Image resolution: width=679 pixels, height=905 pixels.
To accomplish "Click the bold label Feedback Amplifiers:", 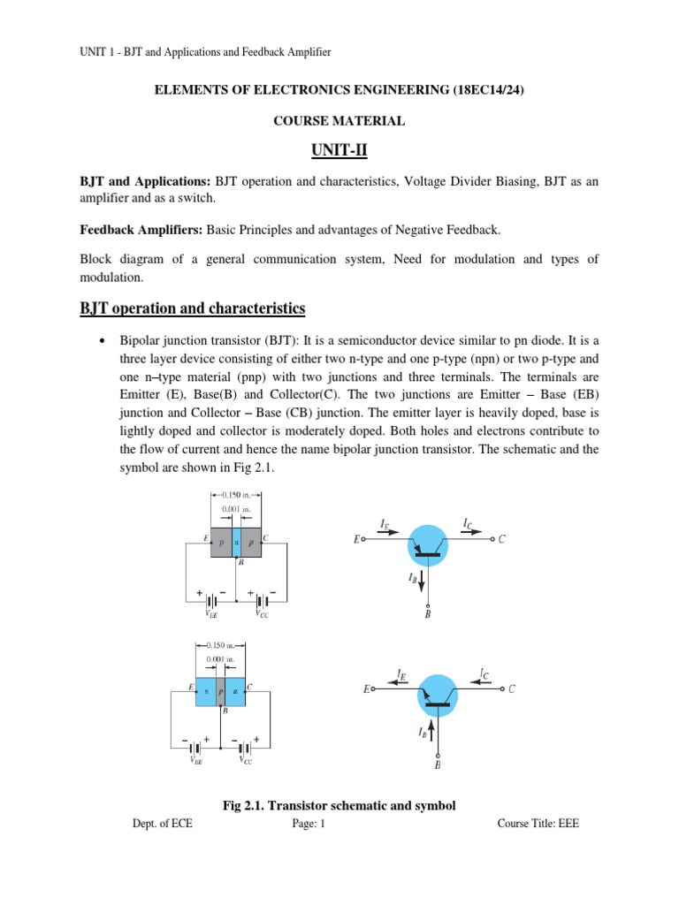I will (x=141, y=231).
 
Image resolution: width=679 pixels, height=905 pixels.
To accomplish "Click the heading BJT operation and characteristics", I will (x=193, y=308).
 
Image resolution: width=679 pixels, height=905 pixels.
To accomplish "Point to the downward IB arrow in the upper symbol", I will (x=423, y=581).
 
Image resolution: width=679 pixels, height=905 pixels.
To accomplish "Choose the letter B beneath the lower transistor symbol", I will (x=438, y=765).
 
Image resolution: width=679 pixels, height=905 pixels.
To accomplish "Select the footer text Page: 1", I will (x=309, y=824).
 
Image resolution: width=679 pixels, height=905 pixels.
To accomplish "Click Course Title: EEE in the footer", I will (x=538, y=824).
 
